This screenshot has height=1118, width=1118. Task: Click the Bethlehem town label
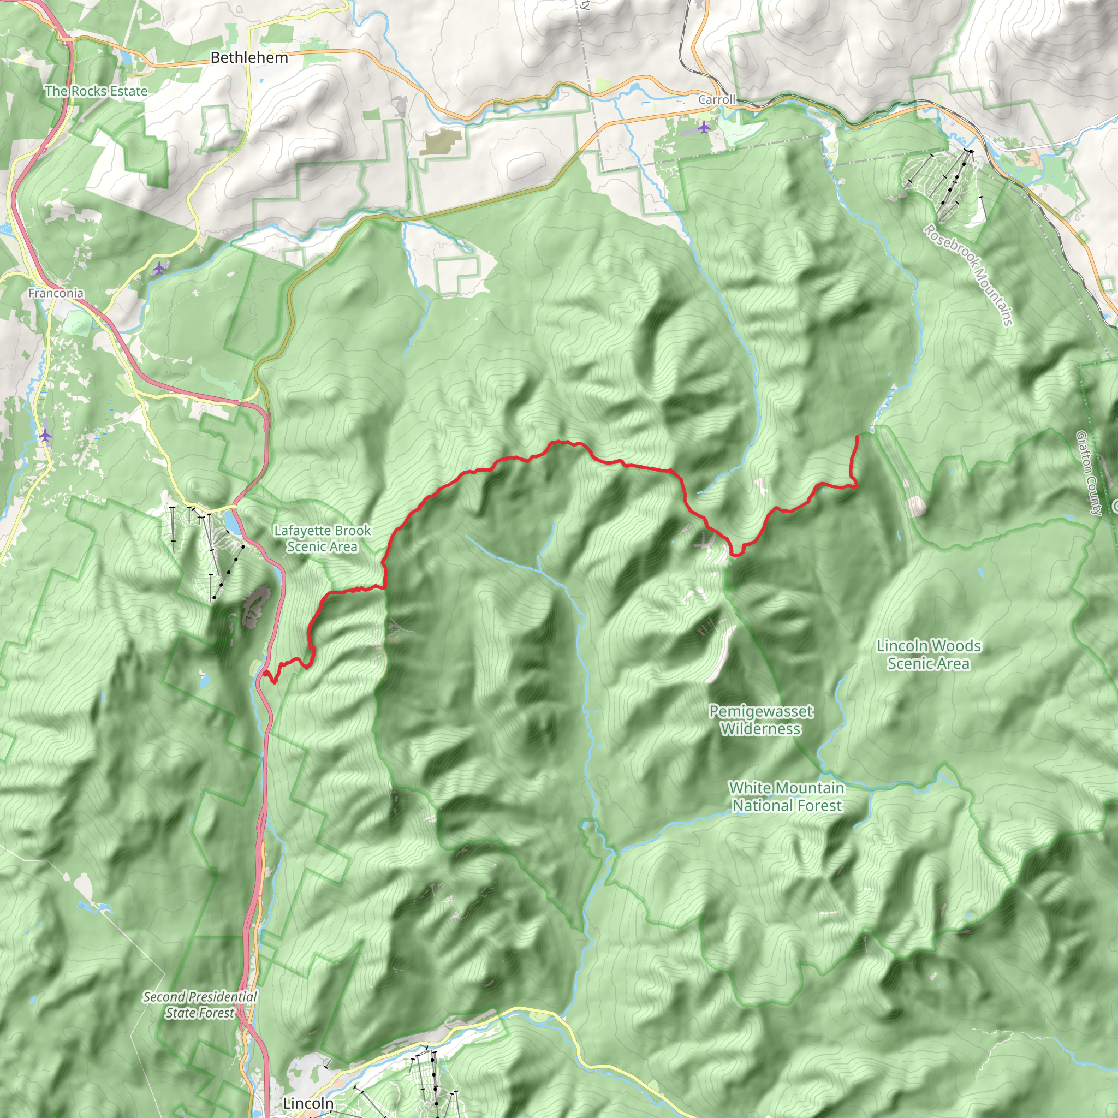pyautogui.click(x=249, y=57)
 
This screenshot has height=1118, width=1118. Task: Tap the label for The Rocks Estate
pyautogui.click(x=96, y=91)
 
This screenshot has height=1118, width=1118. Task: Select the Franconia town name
pyautogui.click(x=56, y=293)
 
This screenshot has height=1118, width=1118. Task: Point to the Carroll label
pyautogui.click(x=716, y=99)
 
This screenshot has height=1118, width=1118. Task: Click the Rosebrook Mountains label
pyautogui.click(x=967, y=275)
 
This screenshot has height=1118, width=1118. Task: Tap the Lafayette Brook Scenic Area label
pyautogui.click(x=322, y=538)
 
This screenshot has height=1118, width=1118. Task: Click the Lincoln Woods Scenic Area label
pyautogui.click(x=928, y=654)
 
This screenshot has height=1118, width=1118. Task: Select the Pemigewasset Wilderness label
pyautogui.click(x=761, y=720)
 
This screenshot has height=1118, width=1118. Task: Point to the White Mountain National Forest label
pyautogui.click(x=787, y=796)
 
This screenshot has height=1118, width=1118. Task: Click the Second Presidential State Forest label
pyautogui.click(x=200, y=1004)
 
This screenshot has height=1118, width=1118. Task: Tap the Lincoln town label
pyautogui.click(x=308, y=1103)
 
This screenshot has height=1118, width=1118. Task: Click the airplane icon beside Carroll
pyautogui.click(x=704, y=127)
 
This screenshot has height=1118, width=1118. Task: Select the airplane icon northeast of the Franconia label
pyautogui.click(x=159, y=268)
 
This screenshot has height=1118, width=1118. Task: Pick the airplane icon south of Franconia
pyautogui.click(x=46, y=435)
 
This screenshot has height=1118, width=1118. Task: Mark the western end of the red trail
pyautogui.click(x=264, y=673)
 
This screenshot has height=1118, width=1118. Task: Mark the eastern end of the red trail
pyautogui.click(x=857, y=436)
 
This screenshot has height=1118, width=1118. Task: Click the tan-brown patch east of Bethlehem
pyautogui.click(x=442, y=142)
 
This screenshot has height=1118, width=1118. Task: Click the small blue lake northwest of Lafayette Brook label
pyautogui.click(x=232, y=522)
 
